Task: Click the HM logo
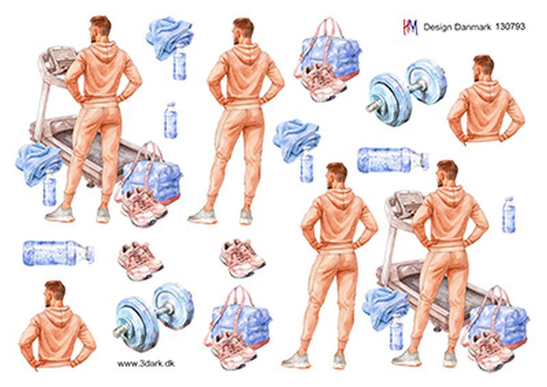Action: [x=411, y=27]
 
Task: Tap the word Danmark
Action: [x=473, y=27]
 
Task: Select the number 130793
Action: [x=510, y=27]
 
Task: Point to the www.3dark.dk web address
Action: [x=146, y=364]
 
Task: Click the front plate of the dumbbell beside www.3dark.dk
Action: [x=133, y=323]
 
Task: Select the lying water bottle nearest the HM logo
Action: [x=393, y=160]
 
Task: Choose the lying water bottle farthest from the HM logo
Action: [x=58, y=252]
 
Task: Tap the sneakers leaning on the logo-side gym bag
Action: [x=323, y=82]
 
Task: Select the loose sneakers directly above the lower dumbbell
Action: [x=140, y=261]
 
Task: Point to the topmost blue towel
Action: [x=170, y=38]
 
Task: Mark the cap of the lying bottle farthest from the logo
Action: [x=90, y=254]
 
